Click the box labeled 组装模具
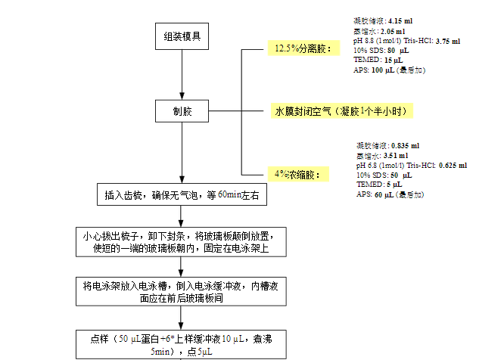182,36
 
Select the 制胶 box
182,111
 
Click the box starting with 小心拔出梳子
182,241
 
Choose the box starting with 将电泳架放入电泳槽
182,291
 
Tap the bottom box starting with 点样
182,345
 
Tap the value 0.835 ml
406,144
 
